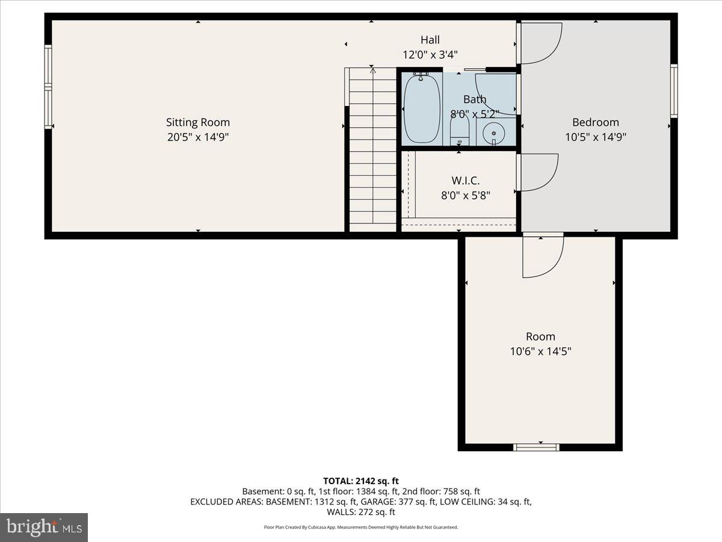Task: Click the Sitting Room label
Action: tap(198, 122)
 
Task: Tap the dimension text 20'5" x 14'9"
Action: tap(198, 137)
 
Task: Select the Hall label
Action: tap(430, 40)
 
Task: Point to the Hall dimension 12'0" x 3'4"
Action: tap(430, 55)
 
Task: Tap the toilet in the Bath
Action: tap(460, 129)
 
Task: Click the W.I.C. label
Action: tap(466, 180)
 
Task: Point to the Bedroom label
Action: tap(595, 122)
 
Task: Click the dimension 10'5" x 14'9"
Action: tap(595, 137)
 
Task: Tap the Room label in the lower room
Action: tap(540, 337)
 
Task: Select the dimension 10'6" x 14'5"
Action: tap(540, 352)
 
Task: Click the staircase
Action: tap(372, 151)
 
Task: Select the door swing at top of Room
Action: tap(541, 255)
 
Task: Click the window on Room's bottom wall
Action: tap(536, 447)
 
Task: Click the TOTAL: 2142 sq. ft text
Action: tap(361, 481)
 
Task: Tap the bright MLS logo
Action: tap(44, 528)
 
